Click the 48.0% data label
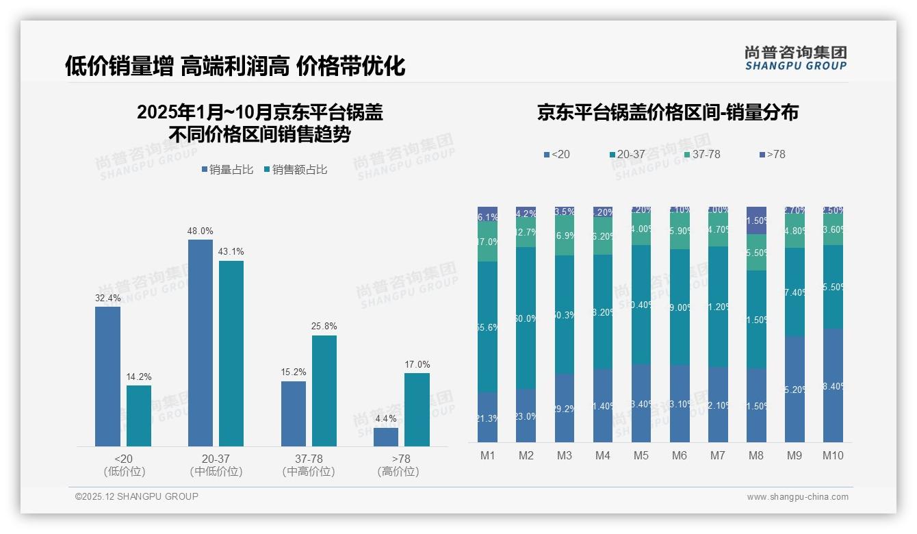(200, 231)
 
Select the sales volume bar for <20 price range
(107, 377)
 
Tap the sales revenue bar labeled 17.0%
(417, 409)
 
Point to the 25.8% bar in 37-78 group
(324, 390)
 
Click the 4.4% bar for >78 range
(386, 437)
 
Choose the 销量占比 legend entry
(229, 170)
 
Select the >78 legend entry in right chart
(771, 155)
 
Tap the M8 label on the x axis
(756, 455)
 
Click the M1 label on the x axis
(487, 455)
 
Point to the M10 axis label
(833, 455)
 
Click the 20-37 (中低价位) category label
(216, 465)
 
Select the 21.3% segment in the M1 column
(487, 417)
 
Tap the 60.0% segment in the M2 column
(526, 318)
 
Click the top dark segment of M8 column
(756, 220)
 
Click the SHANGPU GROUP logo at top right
(795, 58)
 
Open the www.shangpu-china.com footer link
(797, 497)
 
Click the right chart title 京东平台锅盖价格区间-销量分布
(667, 113)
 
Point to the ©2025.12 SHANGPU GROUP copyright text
(137, 497)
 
